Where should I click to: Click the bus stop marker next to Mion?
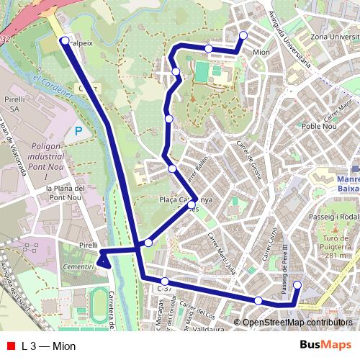point(243,35)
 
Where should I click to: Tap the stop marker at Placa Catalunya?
point(192,205)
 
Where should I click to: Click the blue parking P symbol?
point(78,131)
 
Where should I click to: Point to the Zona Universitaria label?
point(334,36)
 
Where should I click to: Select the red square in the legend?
point(10,345)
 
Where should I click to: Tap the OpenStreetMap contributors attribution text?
point(297,323)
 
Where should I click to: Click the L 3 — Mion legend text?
point(50,345)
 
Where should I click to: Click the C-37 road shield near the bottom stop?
point(163,289)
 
